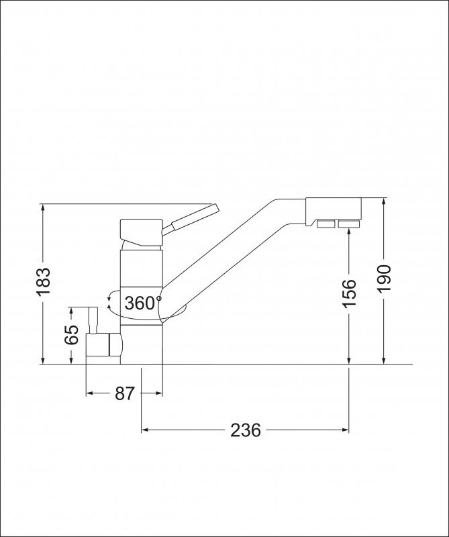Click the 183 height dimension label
tap(44, 281)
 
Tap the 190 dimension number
tap(385, 278)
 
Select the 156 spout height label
tap(350, 293)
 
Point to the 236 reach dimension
tap(245, 430)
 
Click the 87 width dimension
tap(124, 393)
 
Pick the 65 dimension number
tap(72, 334)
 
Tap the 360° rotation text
tap(142, 303)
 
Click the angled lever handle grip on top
tap(195, 216)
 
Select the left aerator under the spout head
tap(326, 224)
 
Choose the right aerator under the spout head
tap(348, 224)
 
